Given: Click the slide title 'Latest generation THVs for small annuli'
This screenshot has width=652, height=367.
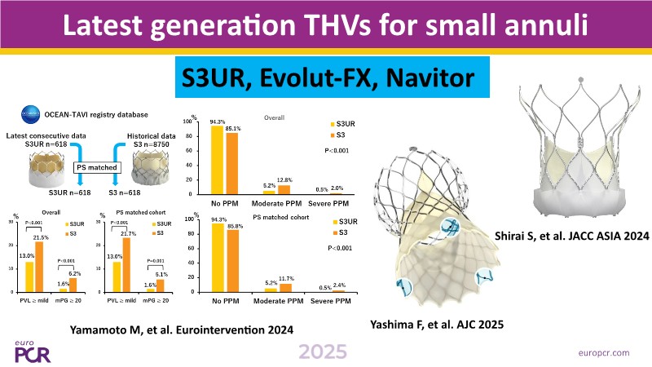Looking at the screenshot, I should click(326, 27).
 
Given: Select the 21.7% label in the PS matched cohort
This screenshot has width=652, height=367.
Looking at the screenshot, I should click(128, 234).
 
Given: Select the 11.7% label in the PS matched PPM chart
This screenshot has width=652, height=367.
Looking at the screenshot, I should click(286, 278).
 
